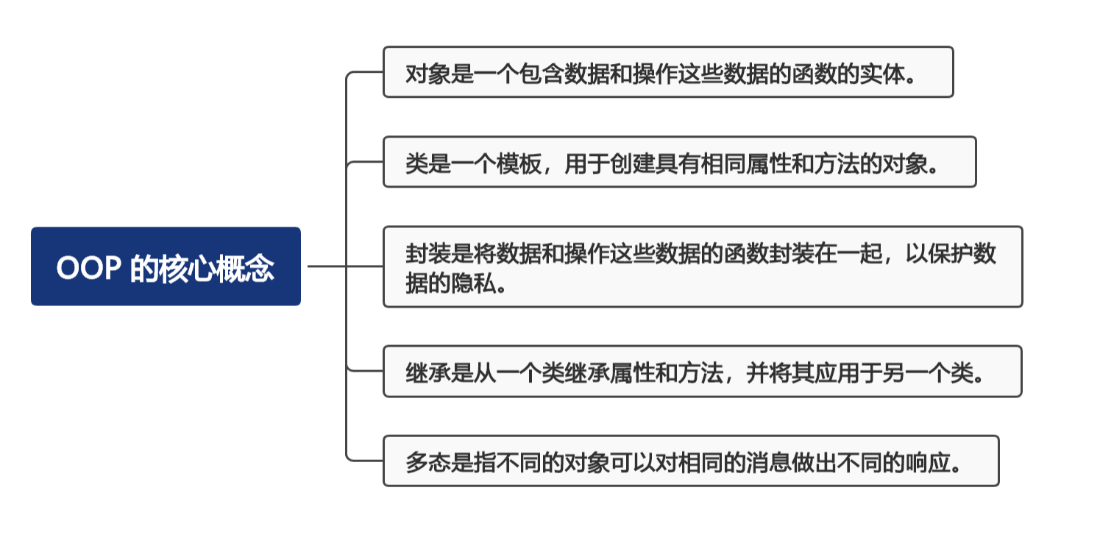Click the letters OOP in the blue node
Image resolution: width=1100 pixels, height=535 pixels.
pyautogui.click(x=88, y=268)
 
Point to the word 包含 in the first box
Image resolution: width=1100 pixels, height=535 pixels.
pyautogui.click(x=541, y=74)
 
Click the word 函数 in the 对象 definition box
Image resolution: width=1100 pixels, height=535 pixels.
pyautogui.click(x=813, y=74)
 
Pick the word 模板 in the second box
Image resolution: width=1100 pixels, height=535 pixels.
pyautogui.click(x=519, y=163)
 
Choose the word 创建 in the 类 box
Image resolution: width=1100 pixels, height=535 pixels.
pyautogui.click(x=632, y=163)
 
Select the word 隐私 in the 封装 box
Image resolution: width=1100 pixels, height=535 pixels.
pyautogui.click(x=473, y=283)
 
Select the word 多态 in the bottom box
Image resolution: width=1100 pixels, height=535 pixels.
pyautogui.click(x=428, y=463)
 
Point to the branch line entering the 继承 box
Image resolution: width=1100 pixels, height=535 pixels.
pyautogui.click(x=365, y=371)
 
